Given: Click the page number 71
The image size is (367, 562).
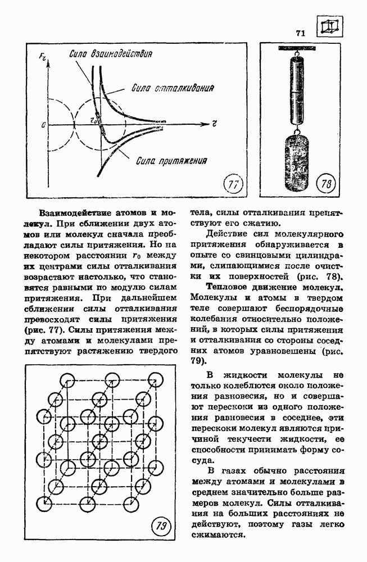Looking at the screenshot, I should tap(300, 33).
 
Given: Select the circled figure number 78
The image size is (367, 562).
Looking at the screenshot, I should tap(326, 184).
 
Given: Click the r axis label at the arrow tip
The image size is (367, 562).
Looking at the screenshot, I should tap(215, 121).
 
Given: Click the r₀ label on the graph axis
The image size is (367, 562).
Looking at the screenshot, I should tap(94, 120).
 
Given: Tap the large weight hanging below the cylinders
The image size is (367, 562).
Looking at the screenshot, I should tap(294, 160).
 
